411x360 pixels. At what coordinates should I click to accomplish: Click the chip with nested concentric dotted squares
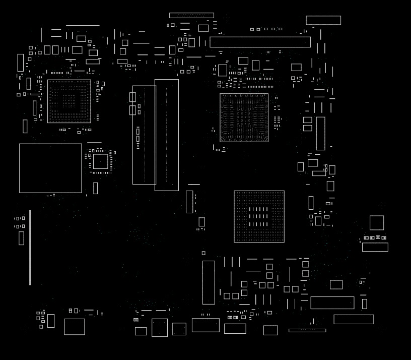(69, 101)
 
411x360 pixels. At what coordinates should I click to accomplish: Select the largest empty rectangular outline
(50, 168)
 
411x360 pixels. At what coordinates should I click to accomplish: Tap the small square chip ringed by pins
(100, 161)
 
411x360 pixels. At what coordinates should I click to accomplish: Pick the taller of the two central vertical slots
(166, 135)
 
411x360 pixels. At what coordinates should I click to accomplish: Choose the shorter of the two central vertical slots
(144, 135)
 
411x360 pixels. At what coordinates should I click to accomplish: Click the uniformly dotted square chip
(244, 117)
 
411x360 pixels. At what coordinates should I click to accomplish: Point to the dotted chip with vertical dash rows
(259, 216)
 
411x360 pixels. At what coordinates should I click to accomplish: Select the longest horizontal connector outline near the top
(260, 42)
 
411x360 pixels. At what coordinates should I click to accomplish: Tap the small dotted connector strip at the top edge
(191, 15)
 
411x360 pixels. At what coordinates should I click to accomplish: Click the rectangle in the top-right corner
(323, 20)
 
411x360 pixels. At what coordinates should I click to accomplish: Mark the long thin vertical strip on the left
(30, 247)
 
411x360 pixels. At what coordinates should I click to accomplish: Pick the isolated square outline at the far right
(377, 222)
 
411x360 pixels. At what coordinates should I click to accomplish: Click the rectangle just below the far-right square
(375, 247)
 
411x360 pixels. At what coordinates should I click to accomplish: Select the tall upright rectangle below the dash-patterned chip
(209, 282)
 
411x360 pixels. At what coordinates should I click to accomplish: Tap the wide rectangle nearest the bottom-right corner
(354, 319)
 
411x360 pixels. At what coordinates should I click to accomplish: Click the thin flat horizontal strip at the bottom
(307, 330)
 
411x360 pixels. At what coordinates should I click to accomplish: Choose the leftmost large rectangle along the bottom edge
(75, 326)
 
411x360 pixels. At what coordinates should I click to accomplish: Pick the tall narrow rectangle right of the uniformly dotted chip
(321, 133)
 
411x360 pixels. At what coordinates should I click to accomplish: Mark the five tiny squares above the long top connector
(266, 29)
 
